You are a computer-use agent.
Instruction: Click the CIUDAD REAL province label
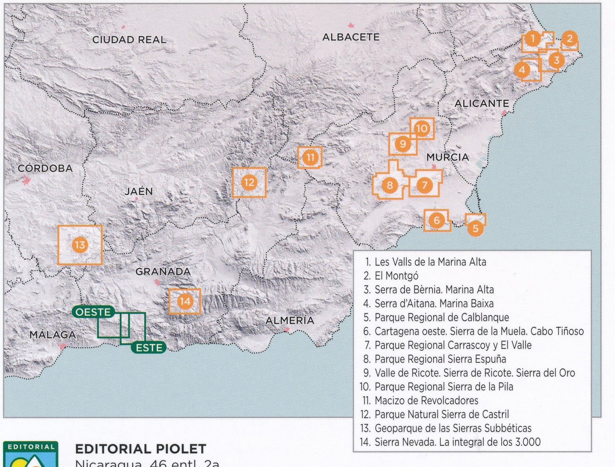pyautogui.click(x=129, y=40)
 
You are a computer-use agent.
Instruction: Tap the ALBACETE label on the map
pyautogui.click(x=351, y=37)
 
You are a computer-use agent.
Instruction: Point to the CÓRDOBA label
pyautogui.click(x=45, y=168)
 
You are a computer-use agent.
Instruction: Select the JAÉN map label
pyautogui.click(x=139, y=191)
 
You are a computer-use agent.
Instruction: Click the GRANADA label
pyautogui.click(x=163, y=272)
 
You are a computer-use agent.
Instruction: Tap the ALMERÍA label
pyautogui.click(x=289, y=320)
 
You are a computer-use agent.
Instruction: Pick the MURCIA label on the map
pyautogui.click(x=447, y=157)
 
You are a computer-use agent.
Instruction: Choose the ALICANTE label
pyautogui.click(x=481, y=103)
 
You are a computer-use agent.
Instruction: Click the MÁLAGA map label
pyautogui.click(x=52, y=335)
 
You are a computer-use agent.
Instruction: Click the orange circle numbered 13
pyautogui.click(x=80, y=245)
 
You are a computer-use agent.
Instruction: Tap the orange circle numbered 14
pyautogui.click(x=184, y=302)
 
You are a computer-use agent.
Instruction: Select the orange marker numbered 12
pyautogui.click(x=249, y=182)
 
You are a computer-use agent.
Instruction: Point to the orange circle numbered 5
pyautogui.click(x=475, y=228)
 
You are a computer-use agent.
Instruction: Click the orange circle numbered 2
pyautogui.click(x=569, y=39)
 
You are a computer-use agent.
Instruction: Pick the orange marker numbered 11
pyautogui.click(x=310, y=157)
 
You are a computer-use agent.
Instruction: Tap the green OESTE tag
pyautogui.click(x=93, y=312)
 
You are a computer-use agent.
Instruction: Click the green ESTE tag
pyautogui.click(x=149, y=348)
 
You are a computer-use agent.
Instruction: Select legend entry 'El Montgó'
pyautogui.click(x=396, y=276)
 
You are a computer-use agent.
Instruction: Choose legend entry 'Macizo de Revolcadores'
pyautogui.click(x=426, y=401)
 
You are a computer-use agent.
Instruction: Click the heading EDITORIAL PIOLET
pyautogui.click(x=141, y=449)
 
